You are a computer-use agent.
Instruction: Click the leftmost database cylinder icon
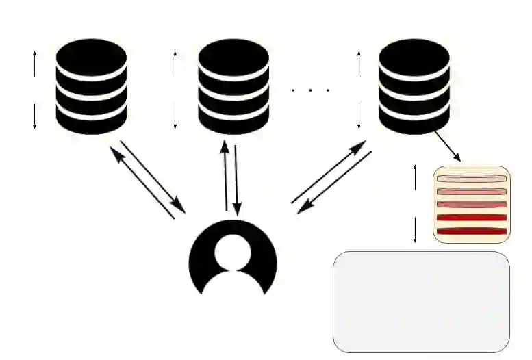(91, 86)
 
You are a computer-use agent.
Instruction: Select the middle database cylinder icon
(233, 86)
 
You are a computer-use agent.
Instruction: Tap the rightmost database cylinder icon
(414, 86)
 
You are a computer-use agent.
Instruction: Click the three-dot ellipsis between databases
(310, 90)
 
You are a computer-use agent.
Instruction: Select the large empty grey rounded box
(421, 302)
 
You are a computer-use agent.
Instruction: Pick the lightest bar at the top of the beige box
(472, 179)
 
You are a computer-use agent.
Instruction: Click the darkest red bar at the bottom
(472, 231)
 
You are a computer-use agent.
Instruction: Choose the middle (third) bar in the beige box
(472, 204)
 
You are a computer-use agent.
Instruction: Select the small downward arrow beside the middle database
(175, 116)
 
